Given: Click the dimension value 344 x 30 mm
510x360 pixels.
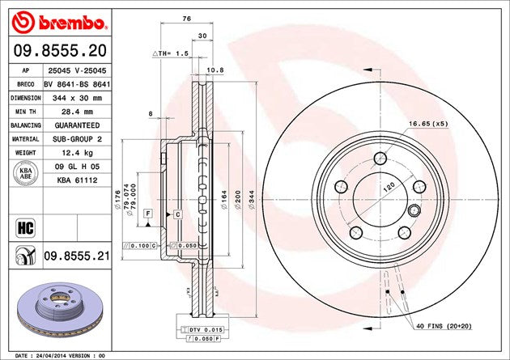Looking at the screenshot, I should click(66, 97).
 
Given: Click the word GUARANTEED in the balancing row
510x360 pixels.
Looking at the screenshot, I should click(66, 125).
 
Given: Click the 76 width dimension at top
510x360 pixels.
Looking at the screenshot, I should click(185, 18).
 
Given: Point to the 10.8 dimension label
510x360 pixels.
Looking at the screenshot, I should click(216, 70).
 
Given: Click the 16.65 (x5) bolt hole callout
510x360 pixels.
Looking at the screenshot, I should click(428, 124).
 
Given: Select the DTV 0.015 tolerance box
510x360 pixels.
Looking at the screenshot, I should click(204, 331).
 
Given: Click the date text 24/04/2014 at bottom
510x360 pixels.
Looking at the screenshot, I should click(61, 354).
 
